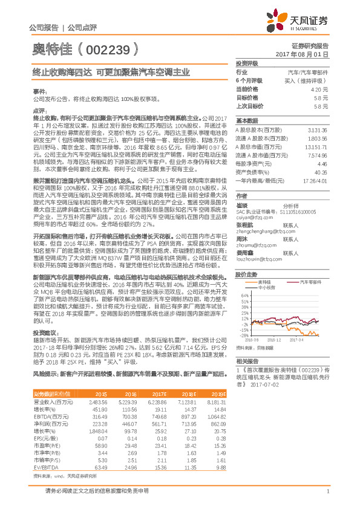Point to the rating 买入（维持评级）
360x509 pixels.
(308, 80)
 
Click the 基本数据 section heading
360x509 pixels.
(247, 120)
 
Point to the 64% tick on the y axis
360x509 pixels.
(244, 279)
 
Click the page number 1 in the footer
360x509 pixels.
(327, 491)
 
